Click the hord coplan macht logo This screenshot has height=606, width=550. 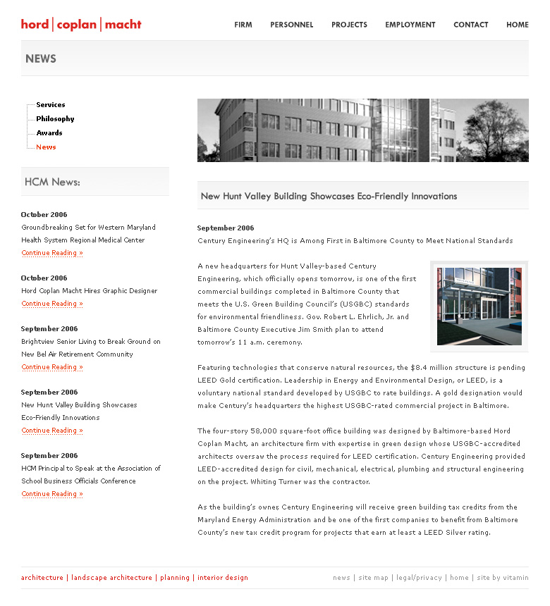click(x=81, y=25)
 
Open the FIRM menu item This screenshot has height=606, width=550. click(x=243, y=25)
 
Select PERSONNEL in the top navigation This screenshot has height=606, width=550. click(x=292, y=25)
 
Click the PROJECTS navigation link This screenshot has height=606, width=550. click(x=349, y=25)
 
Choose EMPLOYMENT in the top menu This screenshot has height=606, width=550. click(x=410, y=25)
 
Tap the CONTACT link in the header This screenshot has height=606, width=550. click(x=471, y=25)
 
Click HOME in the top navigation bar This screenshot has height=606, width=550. click(x=517, y=25)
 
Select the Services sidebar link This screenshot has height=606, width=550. click(x=51, y=105)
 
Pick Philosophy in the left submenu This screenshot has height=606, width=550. click(x=55, y=119)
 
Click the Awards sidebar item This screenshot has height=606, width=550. click(x=49, y=133)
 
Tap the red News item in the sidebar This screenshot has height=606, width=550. click(x=46, y=147)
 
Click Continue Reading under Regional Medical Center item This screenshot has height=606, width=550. click(x=52, y=253)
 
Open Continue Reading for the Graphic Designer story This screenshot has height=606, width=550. click(x=52, y=304)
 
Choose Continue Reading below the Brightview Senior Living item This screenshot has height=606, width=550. click(x=52, y=367)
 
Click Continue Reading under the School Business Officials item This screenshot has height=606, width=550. click(x=52, y=494)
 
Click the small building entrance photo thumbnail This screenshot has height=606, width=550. click(x=479, y=307)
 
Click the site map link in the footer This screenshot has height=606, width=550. click(x=373, y=578)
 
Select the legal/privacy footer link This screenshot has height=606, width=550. click(x=419, y=578)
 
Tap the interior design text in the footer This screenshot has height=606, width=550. click(x=223, y=578)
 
